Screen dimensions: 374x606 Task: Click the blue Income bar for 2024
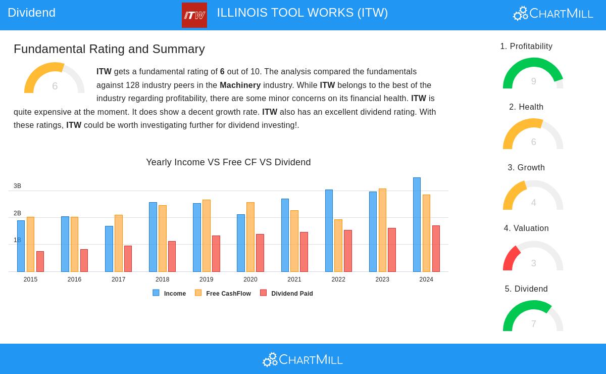[x=417, y=224]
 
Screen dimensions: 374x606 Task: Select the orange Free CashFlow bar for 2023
[x=382, y=230]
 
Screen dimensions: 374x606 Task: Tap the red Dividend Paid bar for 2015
[x=40, y=261]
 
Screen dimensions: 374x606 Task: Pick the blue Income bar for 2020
[x=241, y=243]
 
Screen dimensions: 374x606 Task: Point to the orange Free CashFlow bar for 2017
[x=118, y=243]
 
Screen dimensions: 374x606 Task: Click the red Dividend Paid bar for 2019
[x=216, y=253]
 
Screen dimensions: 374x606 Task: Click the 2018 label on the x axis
[x=162, y=279]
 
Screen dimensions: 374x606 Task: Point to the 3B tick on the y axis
[x=17, y=186]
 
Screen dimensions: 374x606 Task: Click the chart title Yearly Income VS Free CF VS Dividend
[x=228, y=162]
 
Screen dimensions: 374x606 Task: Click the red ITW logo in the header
[x=194, y=15]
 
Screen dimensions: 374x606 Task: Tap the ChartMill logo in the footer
[x=302, y=359]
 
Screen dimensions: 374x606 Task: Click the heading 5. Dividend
[x=526, y=289]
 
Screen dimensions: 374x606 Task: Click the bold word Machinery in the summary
[x=240, y=85]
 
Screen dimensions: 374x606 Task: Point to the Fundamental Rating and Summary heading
[x=109, y=49]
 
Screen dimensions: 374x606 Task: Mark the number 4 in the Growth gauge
[x=533, y=203]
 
